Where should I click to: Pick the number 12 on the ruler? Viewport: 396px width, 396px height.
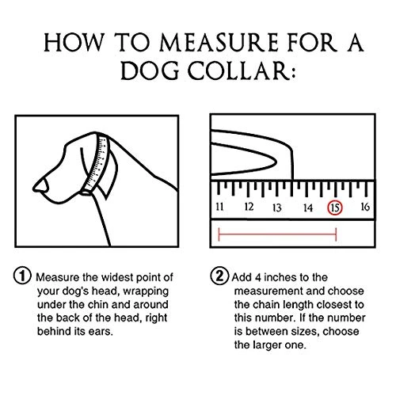point(249,208)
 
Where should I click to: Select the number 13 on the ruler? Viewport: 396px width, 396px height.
point(277,208)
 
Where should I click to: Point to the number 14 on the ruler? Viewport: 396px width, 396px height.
point(307,208)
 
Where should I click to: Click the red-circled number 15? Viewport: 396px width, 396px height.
point(336,208)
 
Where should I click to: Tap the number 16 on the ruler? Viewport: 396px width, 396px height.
point(365,208)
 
